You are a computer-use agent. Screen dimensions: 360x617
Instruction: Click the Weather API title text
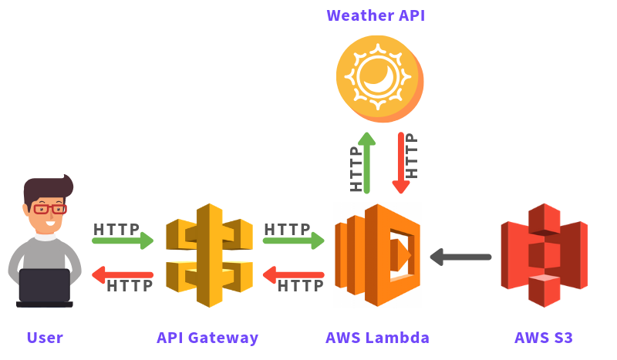[x=376, y=15]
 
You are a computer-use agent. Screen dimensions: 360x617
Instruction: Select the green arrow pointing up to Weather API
[x=367, y=163]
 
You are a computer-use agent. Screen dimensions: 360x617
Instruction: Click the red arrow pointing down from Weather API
[x=400, y=163]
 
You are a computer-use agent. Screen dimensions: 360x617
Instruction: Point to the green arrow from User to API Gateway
[x=123, y=241]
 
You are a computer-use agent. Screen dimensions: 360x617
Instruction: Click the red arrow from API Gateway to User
[x=122, y=274]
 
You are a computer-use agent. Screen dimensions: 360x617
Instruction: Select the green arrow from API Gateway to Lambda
[x=293, y=241]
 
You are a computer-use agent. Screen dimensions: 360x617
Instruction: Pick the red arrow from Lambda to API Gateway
[x=293, y=274]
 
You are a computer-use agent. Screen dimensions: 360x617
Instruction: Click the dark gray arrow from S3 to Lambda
[x=460, y=257]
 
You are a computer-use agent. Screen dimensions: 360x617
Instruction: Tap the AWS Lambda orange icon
[x=377, y=255]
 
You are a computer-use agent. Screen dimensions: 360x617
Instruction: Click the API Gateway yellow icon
[x=209, y=255]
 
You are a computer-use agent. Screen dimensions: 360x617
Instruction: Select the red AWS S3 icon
[x=544, y=255]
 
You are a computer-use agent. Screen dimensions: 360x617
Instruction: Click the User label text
[x=45, y=338]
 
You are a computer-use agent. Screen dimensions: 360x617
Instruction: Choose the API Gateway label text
[x=207, y=338]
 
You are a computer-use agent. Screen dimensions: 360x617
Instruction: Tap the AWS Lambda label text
[x=377, y=338]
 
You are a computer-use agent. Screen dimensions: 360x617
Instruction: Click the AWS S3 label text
[x=544, y=338]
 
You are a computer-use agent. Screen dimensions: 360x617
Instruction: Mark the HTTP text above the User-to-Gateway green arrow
[x=116, y=229]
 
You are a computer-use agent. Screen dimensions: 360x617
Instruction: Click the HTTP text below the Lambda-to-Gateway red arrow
[x=300, y=286]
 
